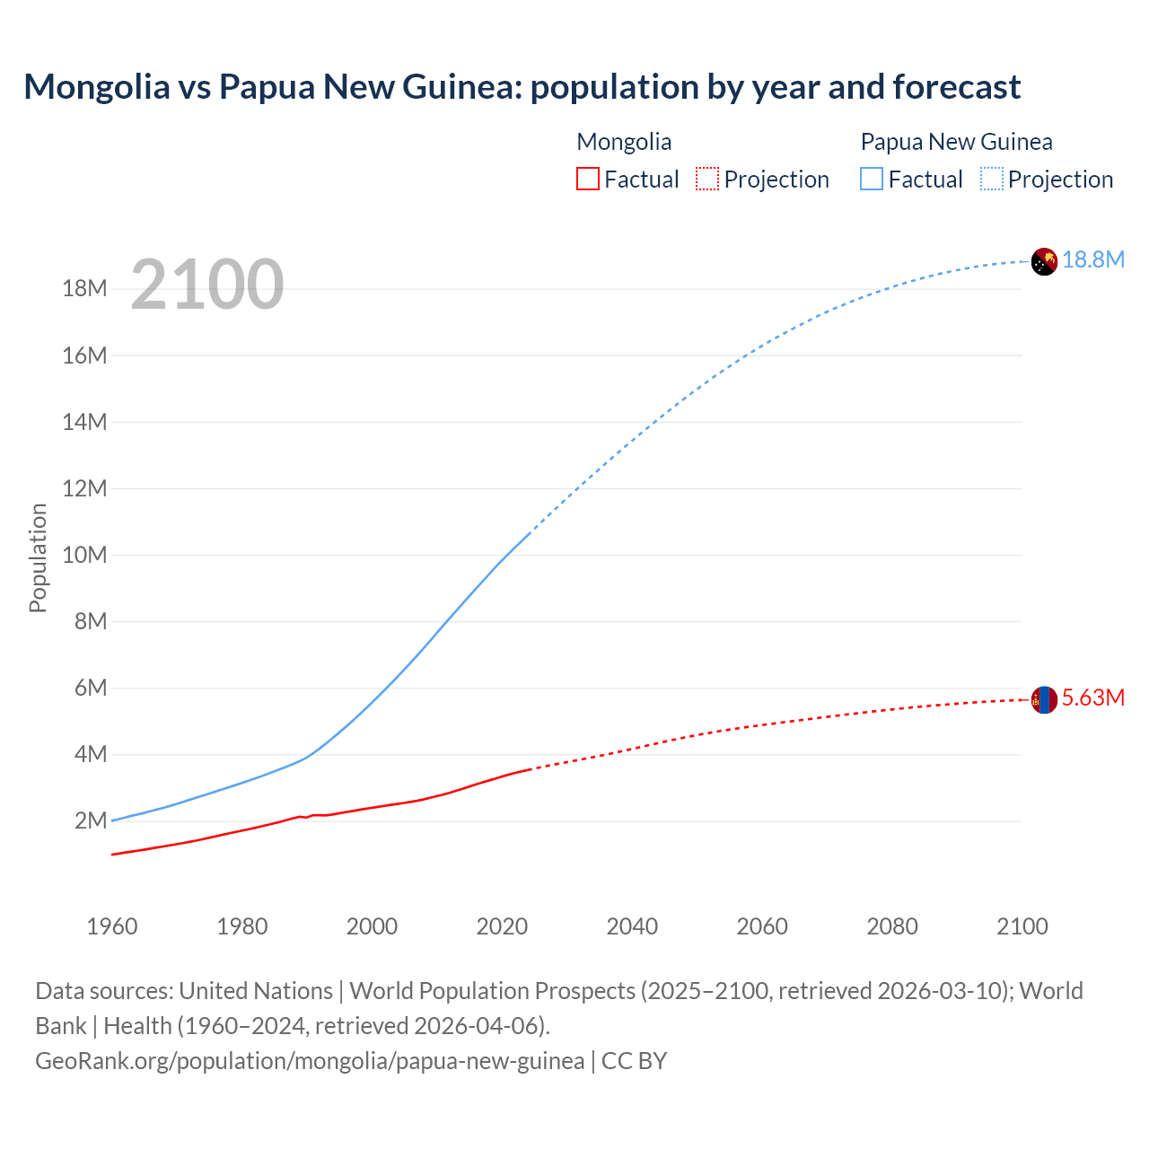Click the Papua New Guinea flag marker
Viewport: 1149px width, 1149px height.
[x=1044, y=261]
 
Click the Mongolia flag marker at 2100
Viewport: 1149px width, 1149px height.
[x=1044, y=699]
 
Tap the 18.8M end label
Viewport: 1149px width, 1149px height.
[x=1093, y=259]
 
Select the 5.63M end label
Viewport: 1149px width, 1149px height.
[x=1093, y=697]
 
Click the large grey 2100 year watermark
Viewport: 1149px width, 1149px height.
[x=207, y=285]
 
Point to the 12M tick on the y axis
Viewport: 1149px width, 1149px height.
[x=85, y=488]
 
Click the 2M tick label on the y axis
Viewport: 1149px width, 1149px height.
[x=91, y=820]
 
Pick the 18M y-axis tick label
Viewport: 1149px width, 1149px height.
[x=85, y=288]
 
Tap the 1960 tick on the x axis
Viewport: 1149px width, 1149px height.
[x=112, y=926]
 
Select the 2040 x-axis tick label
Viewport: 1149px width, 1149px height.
[x=632, y=926]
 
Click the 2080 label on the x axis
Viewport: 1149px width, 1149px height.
[x=892, y=926]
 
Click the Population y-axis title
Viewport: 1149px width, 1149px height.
[x=38, y=557]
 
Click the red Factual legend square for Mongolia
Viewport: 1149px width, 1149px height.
[x=588, y=179]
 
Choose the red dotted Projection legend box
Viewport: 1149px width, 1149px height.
[x=707, y=179]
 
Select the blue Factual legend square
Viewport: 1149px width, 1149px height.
[x=872, y=179]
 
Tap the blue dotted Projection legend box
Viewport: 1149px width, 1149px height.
[x=992, y=179]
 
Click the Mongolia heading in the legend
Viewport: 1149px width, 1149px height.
[x=624, y=142]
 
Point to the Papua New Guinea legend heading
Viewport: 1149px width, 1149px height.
[x=956, y=142]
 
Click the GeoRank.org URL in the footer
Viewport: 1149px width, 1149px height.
[x=310, y=1060]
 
